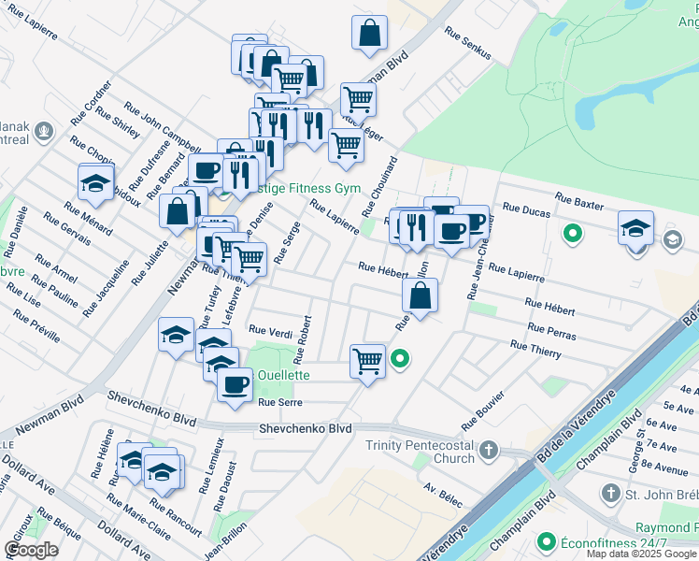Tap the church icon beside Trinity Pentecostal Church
[488, 453]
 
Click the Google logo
[31, 550]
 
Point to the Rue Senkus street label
[468, 44]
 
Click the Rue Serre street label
[280, 402]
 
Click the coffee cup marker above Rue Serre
[235, 382]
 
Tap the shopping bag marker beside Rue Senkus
[370, 33]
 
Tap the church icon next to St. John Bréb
[611, 493]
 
